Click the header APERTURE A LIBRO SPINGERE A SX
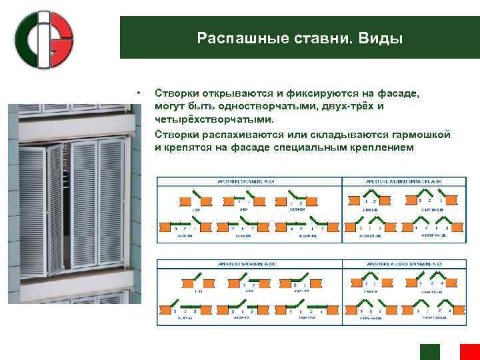(x=402, y=264)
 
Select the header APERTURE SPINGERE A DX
(x=247, y=181)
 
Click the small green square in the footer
(x=430, y=352)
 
